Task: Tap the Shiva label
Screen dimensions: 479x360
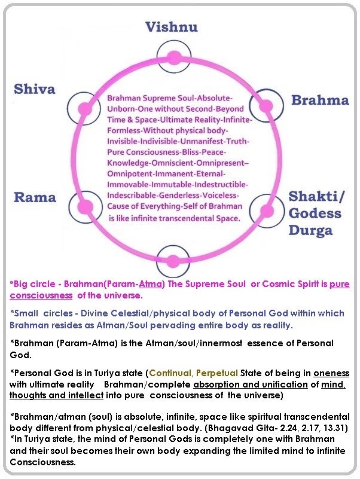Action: click(35, 89)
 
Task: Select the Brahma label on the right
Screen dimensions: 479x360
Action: click(320, 99)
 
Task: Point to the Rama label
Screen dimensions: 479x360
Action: click(35, 197)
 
